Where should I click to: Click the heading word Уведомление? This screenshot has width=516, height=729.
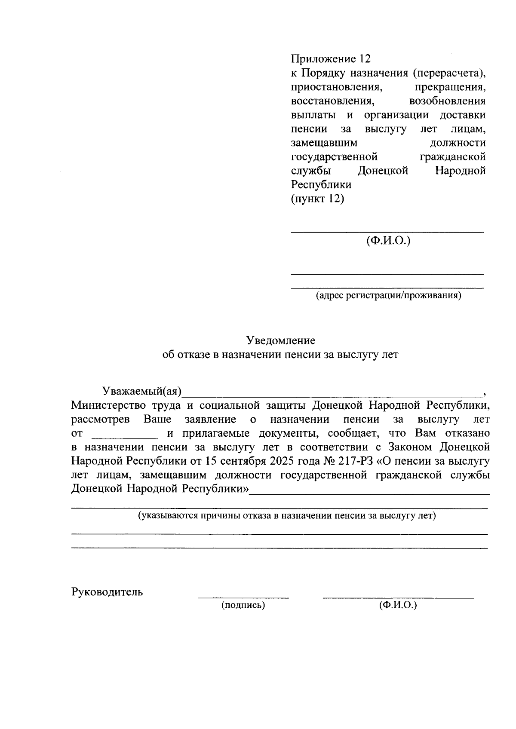click(x=280, y=341)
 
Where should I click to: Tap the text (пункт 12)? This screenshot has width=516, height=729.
click(x=317, y=199)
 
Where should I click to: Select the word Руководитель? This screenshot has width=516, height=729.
click(x=107, y=592)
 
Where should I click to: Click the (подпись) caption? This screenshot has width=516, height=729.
click(x=243, y=606)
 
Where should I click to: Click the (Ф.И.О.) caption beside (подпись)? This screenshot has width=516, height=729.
click(x=398, y=606)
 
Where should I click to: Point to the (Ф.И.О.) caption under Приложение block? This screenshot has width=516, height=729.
click(x=388, y=241)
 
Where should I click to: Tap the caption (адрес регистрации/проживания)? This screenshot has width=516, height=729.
click(x=388, y=296)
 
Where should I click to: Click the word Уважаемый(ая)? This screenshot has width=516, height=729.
click(x=142, y=391)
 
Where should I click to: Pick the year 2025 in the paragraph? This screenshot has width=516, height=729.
click(x=282, y=461)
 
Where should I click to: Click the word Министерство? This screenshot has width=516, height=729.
click(x=106, y=405)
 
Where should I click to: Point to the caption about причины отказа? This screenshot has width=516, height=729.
click(x=286, y=516)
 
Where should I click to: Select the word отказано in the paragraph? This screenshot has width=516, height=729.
click(x=469, y=433)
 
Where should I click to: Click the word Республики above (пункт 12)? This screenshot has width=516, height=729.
click(x=321, y=185)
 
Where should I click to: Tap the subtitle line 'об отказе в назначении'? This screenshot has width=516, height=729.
click(x=280, y=355)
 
